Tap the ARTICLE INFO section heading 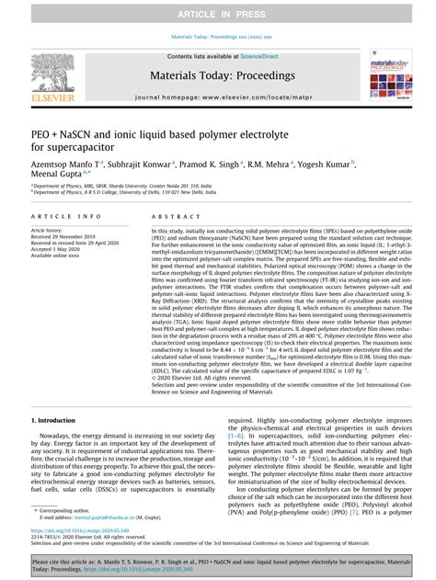[x=58, y=216]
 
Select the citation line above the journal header [x=217, y=37]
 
